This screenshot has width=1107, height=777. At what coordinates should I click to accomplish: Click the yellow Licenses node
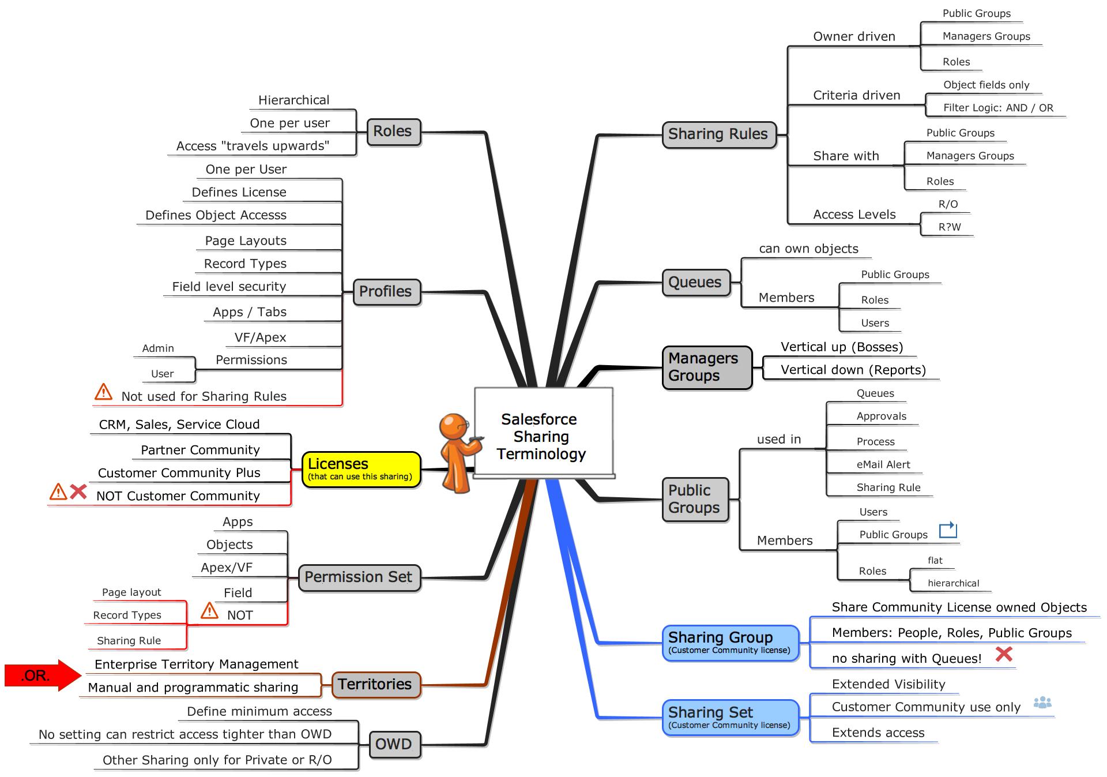(361, 470)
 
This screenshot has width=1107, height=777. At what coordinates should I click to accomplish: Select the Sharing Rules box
(718, 134)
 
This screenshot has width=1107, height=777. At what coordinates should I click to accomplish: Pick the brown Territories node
(375, 685)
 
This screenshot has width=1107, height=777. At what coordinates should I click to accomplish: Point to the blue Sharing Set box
(730, 717)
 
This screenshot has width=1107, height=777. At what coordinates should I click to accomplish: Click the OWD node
(394, 744)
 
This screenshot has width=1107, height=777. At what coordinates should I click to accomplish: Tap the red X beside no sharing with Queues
(1004, 654)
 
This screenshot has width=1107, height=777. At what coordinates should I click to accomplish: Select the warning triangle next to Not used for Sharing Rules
(103, 392)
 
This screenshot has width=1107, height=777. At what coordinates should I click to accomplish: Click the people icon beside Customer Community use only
(1042, 703)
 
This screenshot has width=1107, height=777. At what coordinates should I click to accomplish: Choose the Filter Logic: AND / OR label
(998, 108)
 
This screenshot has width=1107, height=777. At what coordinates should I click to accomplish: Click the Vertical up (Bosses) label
(841, 347)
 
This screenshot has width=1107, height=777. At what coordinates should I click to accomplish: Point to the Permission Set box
(359, 577)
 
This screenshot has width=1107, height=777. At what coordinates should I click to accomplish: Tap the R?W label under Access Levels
(950, 227)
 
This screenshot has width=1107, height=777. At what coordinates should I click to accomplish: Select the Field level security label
(229, 287)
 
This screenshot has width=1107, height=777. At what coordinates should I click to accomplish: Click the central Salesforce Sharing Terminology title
(541, 436)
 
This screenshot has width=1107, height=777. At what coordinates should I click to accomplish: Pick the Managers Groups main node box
(706, 367)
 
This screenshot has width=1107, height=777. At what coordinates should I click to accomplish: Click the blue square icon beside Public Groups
(947, 530)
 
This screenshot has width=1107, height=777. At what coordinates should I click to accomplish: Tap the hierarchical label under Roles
(953, 583)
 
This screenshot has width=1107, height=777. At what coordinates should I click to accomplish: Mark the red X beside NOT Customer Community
(78, 492)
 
